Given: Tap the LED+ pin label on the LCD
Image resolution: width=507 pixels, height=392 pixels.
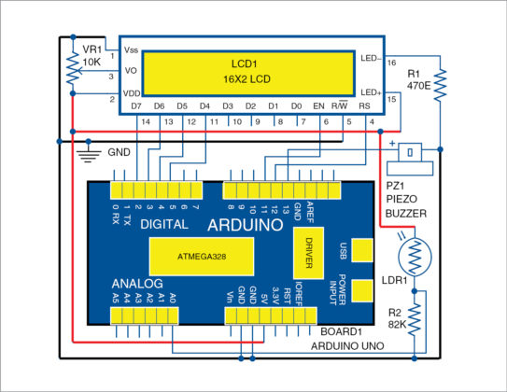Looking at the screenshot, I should [x=370, y=91].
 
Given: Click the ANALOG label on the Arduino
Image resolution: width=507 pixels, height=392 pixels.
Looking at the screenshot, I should [x=137, y=283].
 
